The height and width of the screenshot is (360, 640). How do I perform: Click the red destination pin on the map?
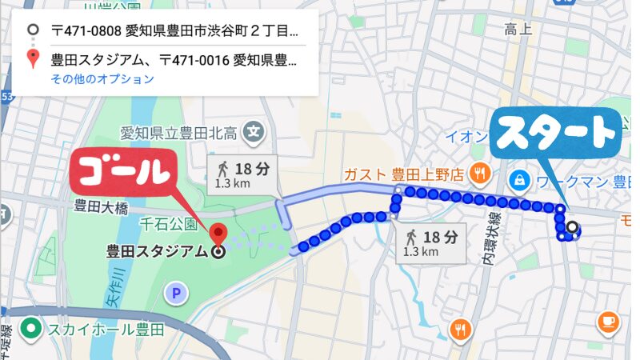[x=218, y=234]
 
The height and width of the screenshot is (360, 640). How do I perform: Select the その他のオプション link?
[x=102, y=79]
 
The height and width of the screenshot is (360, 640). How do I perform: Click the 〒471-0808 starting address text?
[x=176, y=32]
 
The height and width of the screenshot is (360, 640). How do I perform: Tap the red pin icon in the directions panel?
[x=33, y=59]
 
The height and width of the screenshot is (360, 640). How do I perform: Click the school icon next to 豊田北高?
[x=254, y=130]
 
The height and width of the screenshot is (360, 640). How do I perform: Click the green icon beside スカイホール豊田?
[x=32, y=328]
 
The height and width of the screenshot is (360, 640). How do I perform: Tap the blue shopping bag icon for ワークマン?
[x=521, y=180]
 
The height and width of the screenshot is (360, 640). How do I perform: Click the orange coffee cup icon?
[x=607, y=322]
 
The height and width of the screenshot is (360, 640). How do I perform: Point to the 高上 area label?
[x=518, y=30]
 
